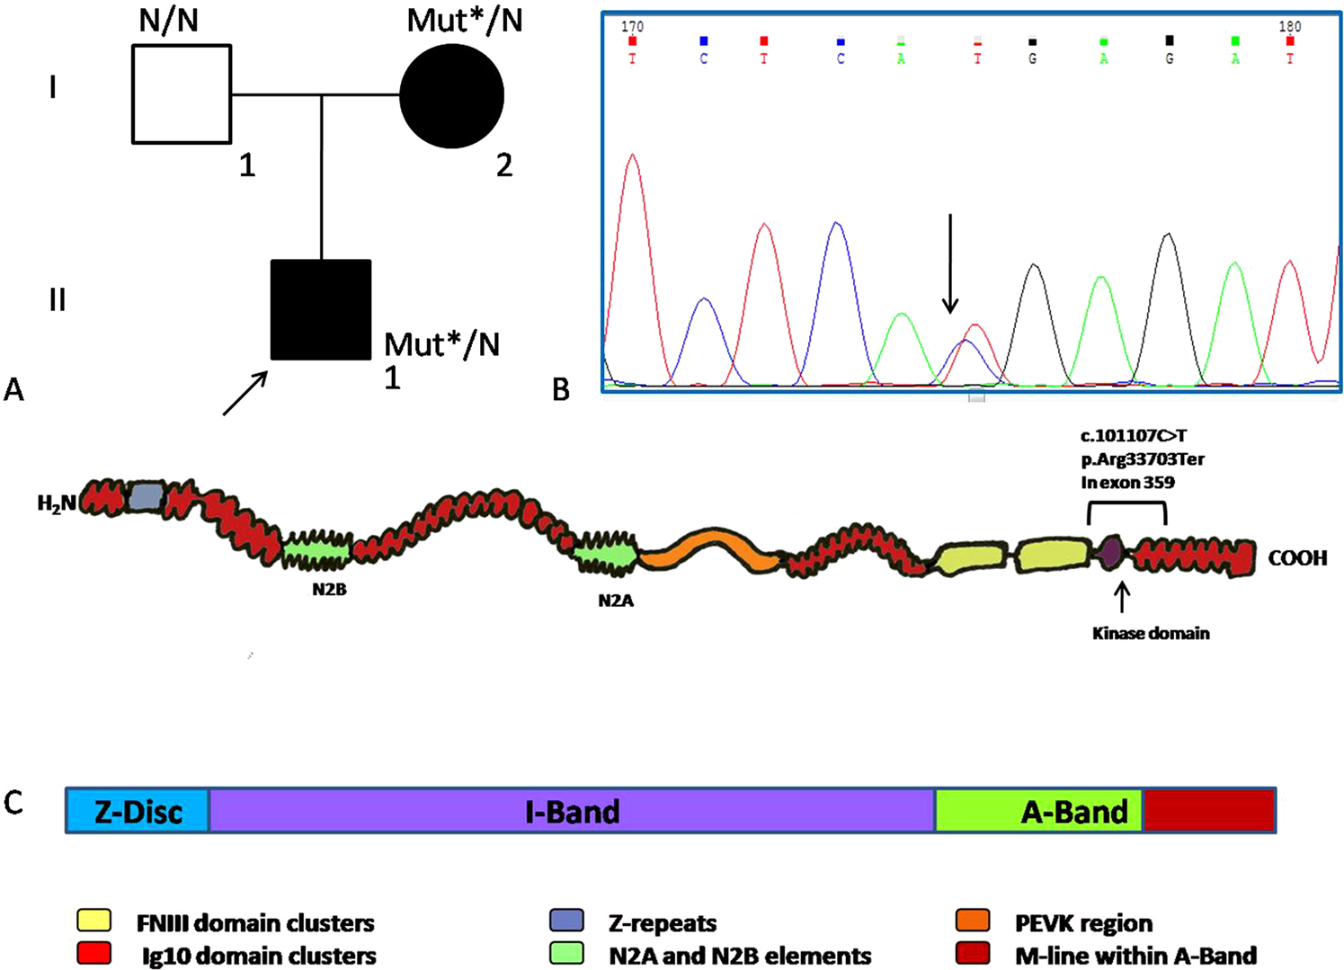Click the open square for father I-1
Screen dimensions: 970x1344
(182, 94)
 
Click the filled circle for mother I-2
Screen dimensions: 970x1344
(451, 95)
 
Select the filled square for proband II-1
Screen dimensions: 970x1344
(321, 309)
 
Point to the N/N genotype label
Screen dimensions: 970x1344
(169, 20)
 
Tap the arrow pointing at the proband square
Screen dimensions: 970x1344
(245, 393)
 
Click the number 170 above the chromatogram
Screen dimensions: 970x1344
(632, 27)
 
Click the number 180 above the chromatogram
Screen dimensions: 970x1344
(1290, 27)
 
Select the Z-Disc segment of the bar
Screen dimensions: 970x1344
(138, 811)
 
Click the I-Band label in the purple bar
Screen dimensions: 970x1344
(573, 812)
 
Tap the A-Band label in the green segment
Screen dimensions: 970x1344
(1074, 812)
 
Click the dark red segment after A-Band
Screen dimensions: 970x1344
(1208, 810)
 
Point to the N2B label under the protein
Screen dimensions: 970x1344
(330, 590)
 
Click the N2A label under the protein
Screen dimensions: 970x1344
(616, 600)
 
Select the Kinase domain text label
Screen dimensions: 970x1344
(1151, 633)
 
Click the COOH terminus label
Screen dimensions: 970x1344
(1297, 558)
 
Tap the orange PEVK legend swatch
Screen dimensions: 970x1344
(974, 921)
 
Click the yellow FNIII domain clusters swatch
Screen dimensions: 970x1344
(94, 921)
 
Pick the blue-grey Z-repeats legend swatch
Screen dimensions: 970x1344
(566, 921)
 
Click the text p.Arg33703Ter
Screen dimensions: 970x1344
(1143, 459)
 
